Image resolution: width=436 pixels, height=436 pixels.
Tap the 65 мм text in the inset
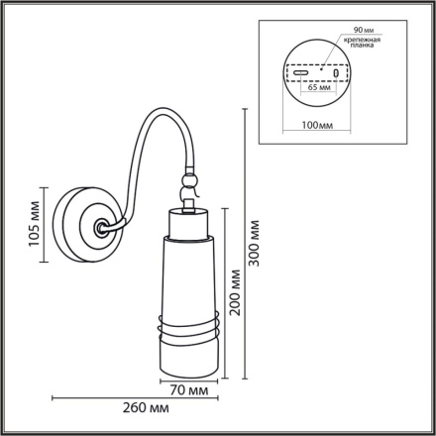tap(318, 88)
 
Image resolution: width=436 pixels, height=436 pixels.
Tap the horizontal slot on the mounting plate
tap(300, 72)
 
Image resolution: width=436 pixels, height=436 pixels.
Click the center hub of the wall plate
tap(100, 226)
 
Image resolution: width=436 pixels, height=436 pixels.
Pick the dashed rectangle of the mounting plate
tap(316, 73)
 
